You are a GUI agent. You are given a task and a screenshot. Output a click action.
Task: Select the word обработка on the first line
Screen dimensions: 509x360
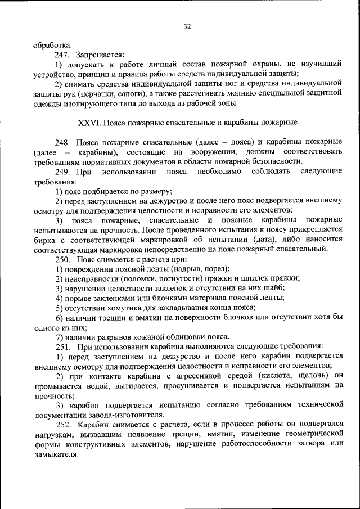(52, 46)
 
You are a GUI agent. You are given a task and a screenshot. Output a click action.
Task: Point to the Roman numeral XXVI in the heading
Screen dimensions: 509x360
(89, 121)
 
